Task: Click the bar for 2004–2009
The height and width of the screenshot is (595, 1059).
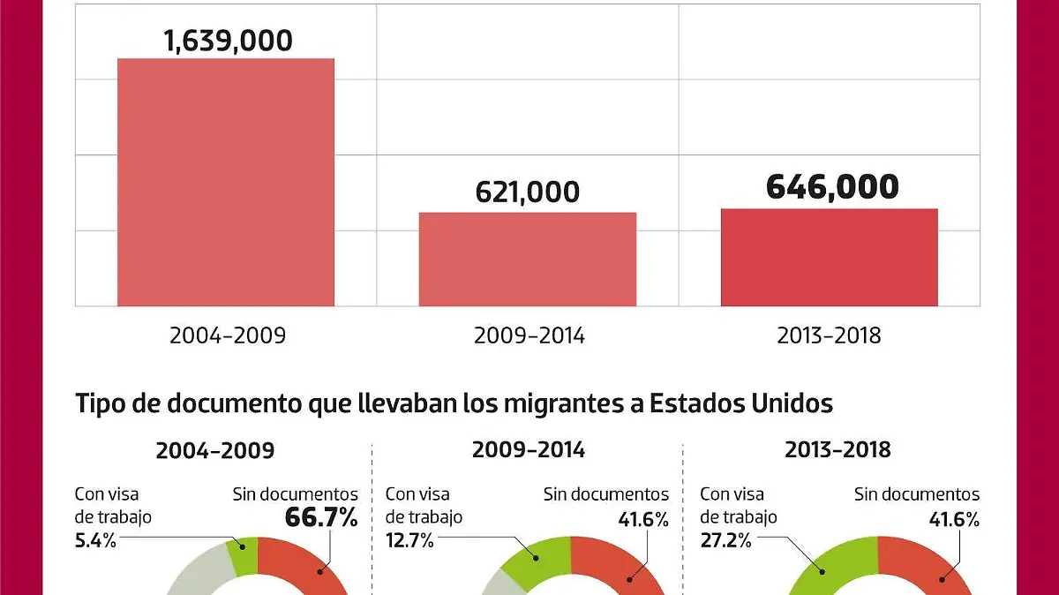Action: click(226, 183)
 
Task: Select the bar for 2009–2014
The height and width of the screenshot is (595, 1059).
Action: click(527, 260)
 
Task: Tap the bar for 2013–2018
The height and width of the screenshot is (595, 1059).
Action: click(829, 258)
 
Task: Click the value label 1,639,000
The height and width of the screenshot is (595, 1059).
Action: click(228, 41)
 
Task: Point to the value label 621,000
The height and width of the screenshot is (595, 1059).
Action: click(528, 192)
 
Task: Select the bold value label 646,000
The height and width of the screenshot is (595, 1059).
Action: click(831, 187)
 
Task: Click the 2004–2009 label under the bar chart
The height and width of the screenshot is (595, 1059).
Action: click(228, 336)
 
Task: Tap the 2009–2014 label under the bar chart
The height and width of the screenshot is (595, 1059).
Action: click(529, 336)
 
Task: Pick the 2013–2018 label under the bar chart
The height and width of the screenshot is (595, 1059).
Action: click(830, 336)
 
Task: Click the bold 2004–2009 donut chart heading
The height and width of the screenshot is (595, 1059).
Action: click(214, 450)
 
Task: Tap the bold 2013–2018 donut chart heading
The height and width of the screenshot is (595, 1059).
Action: click(837, 449)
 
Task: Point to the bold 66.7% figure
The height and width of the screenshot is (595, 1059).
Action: click(321, 518)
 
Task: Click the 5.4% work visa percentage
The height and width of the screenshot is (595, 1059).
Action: click(96, 540)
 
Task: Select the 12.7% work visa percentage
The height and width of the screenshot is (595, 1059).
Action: click(409, 540)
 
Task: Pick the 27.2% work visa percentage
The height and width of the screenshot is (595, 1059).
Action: click(725, 540)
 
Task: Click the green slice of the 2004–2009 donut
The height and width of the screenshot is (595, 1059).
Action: click(241, 554)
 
